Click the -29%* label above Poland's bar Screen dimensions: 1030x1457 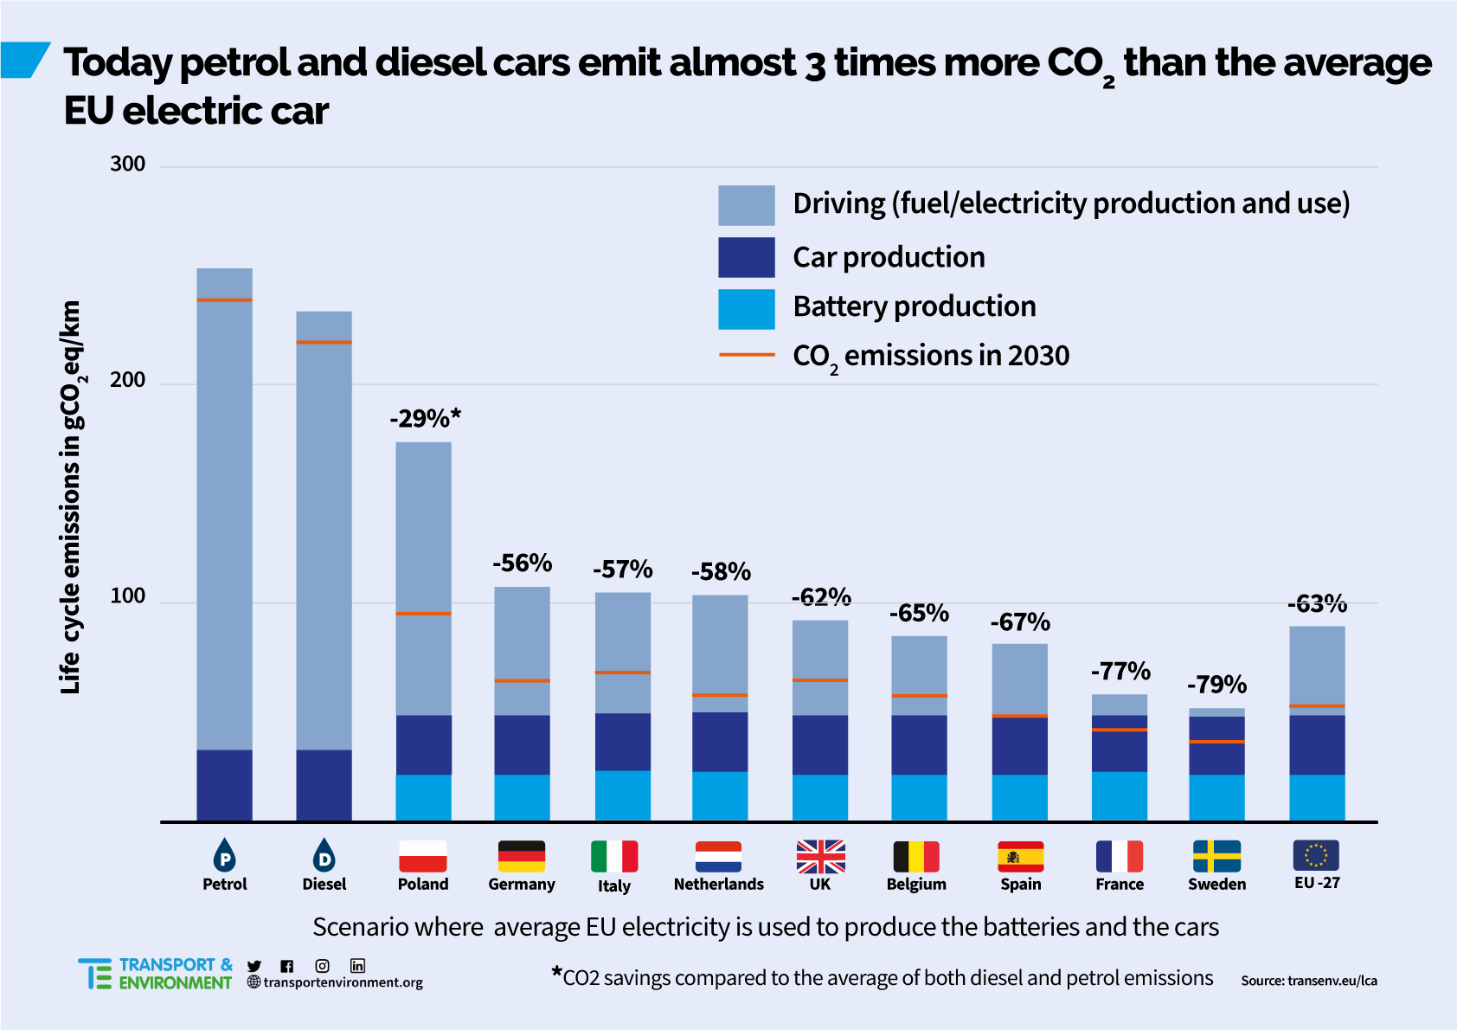point(425,419)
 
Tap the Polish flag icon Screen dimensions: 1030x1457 point(423,856)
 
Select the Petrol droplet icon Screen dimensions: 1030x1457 point(224,855)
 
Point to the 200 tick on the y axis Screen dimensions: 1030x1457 point(127,380)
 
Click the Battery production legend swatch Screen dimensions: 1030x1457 point(746,309)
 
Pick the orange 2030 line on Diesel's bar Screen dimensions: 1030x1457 point(324,342)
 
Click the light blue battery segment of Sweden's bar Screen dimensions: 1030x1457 point(1216,797)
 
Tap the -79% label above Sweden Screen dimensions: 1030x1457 point(1216,685)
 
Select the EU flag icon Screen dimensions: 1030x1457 point(1316,855)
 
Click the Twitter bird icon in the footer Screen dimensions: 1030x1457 point(254,966)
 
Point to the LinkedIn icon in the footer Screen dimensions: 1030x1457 point(357,966)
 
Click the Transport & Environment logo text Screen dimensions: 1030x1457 point(175,974)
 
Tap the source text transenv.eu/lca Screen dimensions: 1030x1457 point(1308,981)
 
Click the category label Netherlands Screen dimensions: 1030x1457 point(718,884)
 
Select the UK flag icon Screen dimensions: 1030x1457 point(820,856)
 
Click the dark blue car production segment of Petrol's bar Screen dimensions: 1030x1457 point(224,784)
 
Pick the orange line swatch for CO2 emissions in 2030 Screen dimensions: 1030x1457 point(746,355)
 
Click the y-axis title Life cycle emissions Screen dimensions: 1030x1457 point(71,498)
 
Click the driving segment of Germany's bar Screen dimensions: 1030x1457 point(522,632)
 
